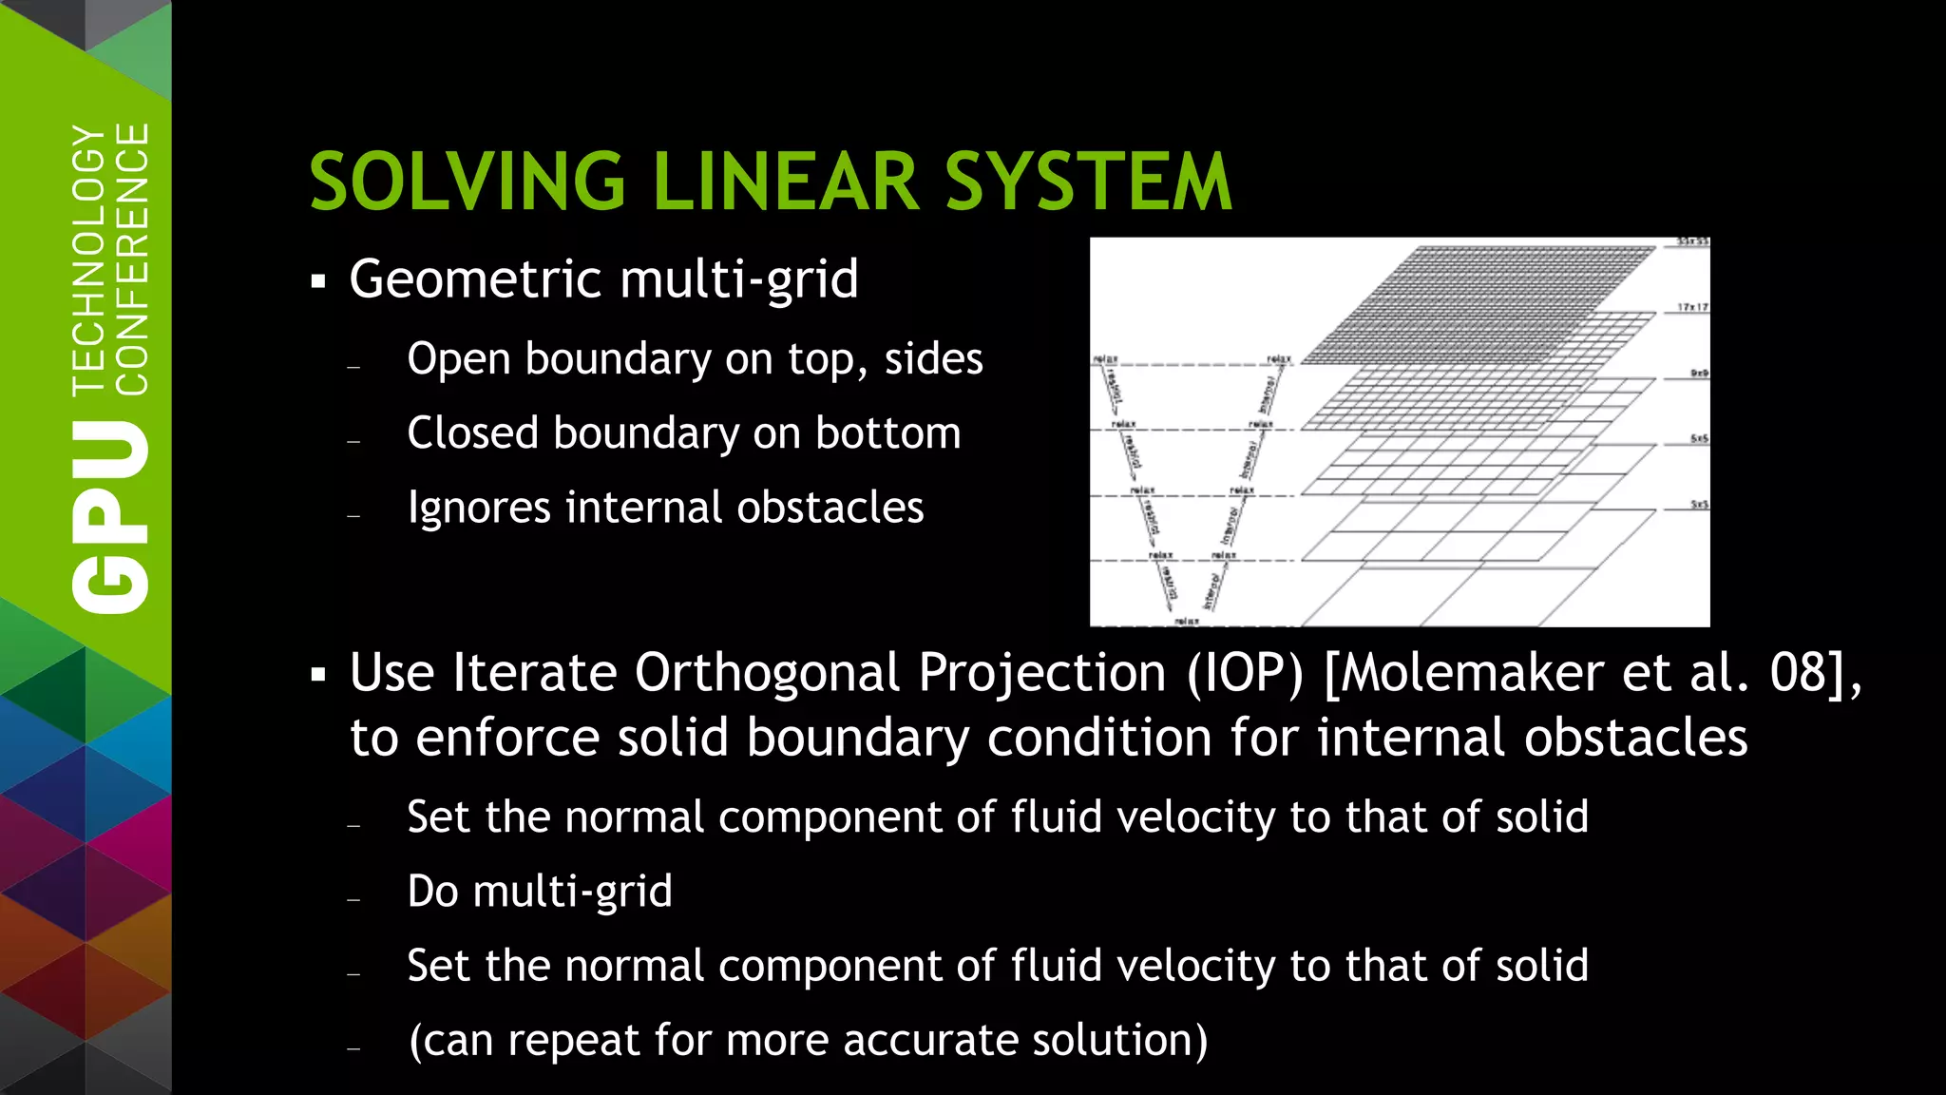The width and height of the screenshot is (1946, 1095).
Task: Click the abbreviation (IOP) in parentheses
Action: (1245, 674)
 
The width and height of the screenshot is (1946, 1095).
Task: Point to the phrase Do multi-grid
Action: (540, 892)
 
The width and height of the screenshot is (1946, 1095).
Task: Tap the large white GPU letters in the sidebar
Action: (110, 517)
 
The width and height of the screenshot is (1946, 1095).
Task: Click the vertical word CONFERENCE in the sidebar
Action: (132, 259)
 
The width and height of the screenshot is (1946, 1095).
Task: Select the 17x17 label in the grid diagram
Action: (1692, 307)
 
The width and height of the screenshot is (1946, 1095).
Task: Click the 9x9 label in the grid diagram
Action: (1699, 374)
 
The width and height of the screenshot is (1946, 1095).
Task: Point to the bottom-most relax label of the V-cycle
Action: (1187, 621)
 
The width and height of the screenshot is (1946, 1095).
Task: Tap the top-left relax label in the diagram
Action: (1105, 359)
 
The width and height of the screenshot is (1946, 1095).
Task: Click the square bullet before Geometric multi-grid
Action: (318, 281)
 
